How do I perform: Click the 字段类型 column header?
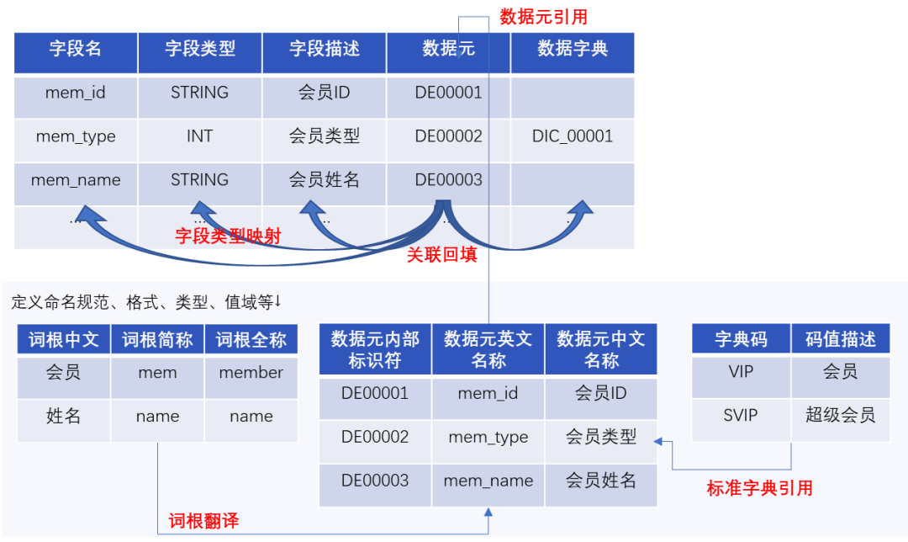coord(200,49)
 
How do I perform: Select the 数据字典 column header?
coord(573,49)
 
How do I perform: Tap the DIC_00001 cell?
coord(573,136)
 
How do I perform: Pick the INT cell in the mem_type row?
coord(200,136)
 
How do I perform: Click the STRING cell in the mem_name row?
coord(200,180)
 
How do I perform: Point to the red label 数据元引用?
coord(543,17)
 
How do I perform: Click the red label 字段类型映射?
coord(227,236)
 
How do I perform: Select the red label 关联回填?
coord(441,256)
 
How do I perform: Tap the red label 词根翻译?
coord(203,521)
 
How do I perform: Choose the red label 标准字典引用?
coord(759,488)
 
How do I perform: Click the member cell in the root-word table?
coord(251,373)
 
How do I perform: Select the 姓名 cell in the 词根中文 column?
coord(63,416)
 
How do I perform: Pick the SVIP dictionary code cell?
coord(741,415)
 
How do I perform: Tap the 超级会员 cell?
coord(840,415)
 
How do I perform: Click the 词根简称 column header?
coord(157,340)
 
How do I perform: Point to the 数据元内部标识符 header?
coord(375,349)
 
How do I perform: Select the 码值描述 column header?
coord(840,340)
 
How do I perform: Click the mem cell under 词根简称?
coord(157,373)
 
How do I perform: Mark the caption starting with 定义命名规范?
coord(146,302)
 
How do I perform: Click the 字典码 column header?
coord(741,340)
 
